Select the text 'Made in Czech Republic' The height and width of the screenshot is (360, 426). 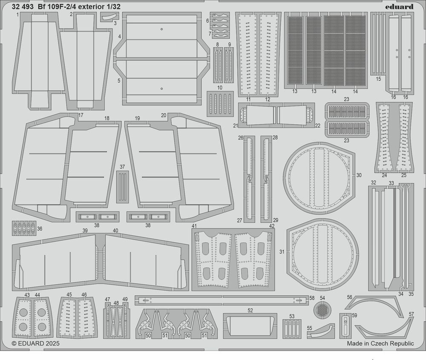pos(380,343)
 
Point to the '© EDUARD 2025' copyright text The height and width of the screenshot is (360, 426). pos(35,343)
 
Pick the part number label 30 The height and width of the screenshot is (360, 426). pos(359,175)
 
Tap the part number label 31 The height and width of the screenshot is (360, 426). pos(282,252)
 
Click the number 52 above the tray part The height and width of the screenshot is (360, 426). pos(250,311)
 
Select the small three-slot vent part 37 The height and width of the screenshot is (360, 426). pos(122,187)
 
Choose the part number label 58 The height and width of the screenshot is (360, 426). pos(312,298)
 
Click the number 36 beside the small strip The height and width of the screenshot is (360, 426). pos(40,229)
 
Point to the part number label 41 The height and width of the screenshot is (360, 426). pos(194,226)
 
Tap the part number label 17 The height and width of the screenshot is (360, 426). pos(81,115)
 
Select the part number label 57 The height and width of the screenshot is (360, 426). pos(411,314)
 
